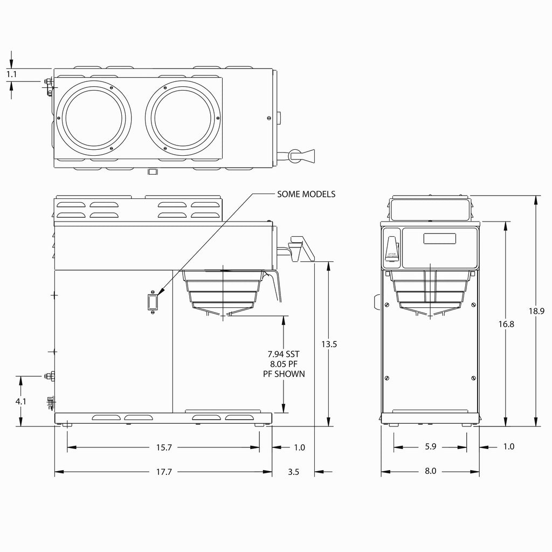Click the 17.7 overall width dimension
[x=164, y=472]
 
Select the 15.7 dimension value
[x=164, y=447]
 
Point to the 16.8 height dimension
[x=505, y=323]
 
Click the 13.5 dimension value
[x=328, y=343]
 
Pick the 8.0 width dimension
[x=430, y=471]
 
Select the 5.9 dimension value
[x=430, y=447]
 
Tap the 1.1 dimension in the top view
[x=12, y=75]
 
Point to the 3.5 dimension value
[x=293, y=472]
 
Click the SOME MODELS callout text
[x=306, y=194]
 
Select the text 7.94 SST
[x=284, y=354]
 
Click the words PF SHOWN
[x=284, y=374]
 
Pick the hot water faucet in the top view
[x=302, y=155]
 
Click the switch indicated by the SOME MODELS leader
[x=153, y=302]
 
